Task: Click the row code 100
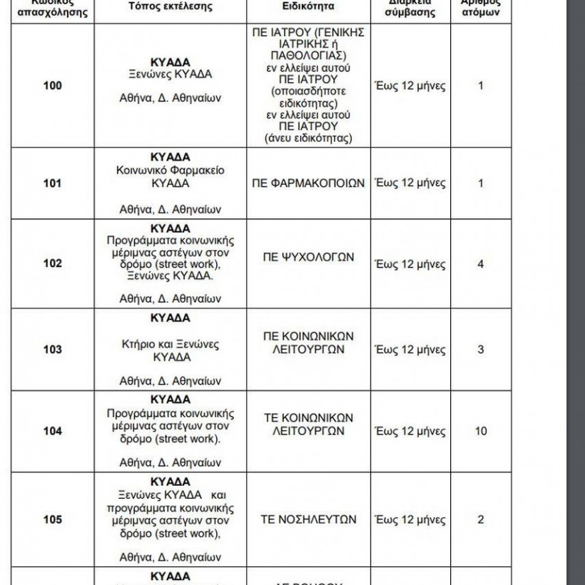point(53,86)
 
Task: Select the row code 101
point(53,183)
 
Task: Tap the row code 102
point(53,263)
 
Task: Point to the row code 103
point(53,350)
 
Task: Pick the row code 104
point(53,431)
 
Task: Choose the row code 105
point(53,519)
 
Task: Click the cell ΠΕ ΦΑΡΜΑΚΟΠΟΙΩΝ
point(308,183)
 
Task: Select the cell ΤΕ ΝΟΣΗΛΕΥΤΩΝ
point(308,519)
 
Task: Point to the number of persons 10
point(480,431)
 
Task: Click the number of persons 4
point(480,263)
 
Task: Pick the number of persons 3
point(480,350)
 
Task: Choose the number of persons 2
point(480,519)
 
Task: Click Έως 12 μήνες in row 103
point(410,350)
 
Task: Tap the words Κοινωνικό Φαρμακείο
point(171,171)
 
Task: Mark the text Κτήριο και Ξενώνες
point(171,344)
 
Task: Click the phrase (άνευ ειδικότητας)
point(308,138)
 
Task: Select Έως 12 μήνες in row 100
point(410,86)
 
